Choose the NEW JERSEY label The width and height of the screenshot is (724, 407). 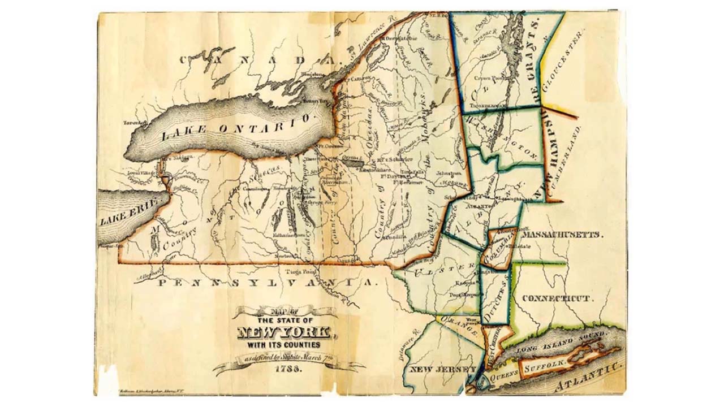[x=442, y=369]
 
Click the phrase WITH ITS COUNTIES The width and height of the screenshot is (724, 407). [x=283, y=344]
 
